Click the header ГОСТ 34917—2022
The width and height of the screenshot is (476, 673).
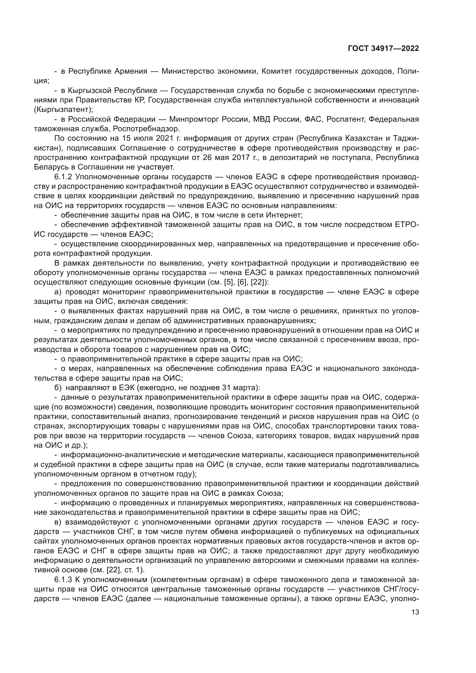(x=383, y=49)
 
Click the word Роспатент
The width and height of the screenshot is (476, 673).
(x=345, y=119)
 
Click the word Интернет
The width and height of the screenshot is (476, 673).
(x=284, y=215)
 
